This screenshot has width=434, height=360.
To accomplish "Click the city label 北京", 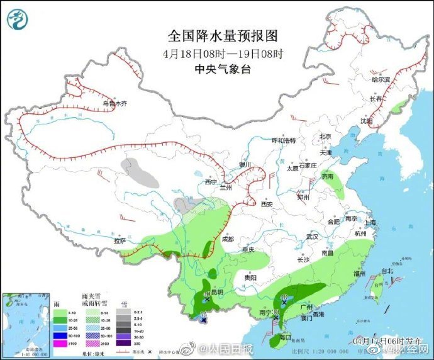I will (325, 137).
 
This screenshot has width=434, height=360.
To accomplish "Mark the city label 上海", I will (369, 222).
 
